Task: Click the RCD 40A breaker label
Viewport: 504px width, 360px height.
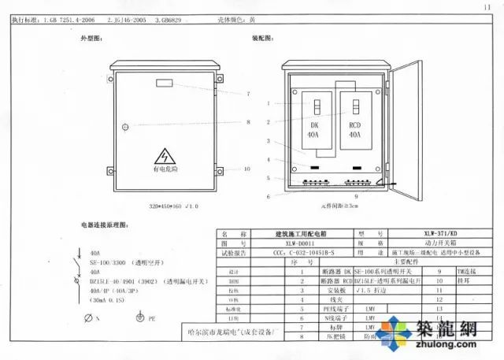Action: (354, 130)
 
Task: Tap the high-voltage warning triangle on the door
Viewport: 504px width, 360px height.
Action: (165, 154)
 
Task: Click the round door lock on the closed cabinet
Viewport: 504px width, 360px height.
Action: (125, 127)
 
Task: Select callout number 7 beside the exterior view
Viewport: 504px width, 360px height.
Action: (248, 94)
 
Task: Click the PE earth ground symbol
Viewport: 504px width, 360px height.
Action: (139, 318)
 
